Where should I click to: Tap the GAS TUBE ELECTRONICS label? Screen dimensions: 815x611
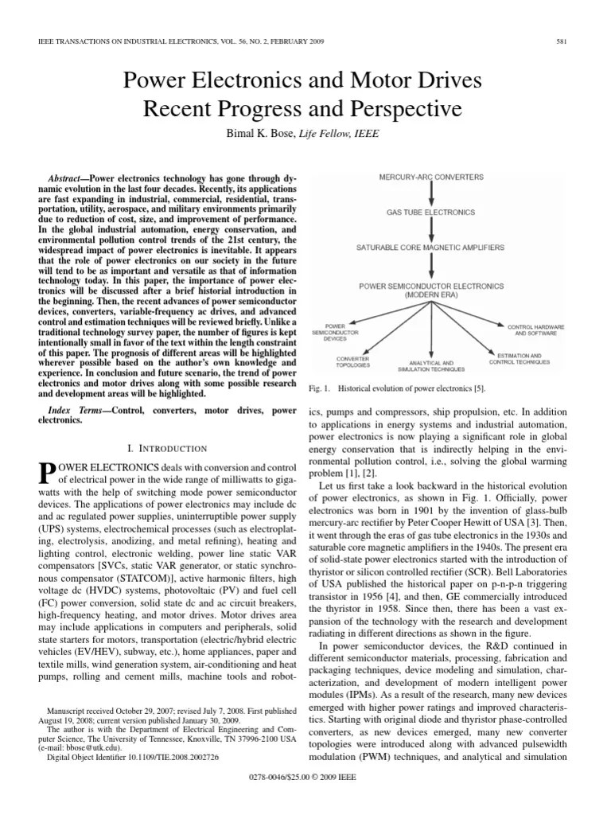pyautogui.click(x=430, y=213)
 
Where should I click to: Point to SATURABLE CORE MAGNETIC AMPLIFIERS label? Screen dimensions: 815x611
pyautogui.click(x=430, y=248)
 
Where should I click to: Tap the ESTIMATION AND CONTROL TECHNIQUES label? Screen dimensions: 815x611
pyautogui.click(x=519, y=358)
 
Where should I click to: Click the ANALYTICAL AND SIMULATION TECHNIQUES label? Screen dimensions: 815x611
pyautogui.click(x=431, y=366)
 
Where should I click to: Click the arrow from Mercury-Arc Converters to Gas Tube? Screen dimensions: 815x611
pyautogui.click(x=430, y=194)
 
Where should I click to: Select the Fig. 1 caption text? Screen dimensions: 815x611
pyautogui.click(x=395, y=389)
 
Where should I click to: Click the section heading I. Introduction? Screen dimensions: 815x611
pyautogui.click(x=167, y=448)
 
